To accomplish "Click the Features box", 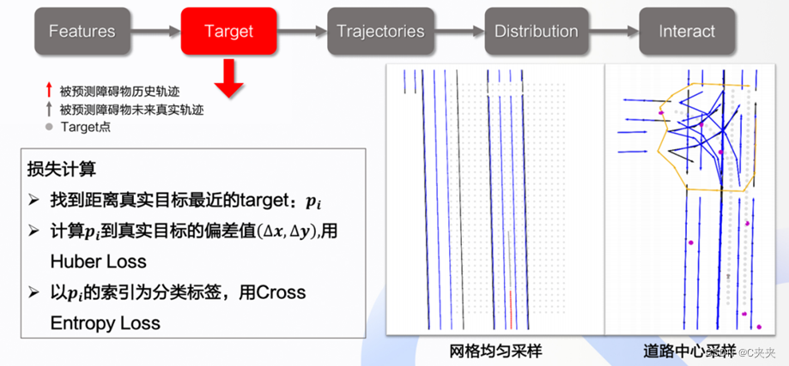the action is pos(82,32).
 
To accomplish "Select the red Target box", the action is pos(228,32).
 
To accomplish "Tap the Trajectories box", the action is pos(380,32).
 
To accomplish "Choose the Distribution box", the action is pos(536,32).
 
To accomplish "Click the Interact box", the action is pos(687,32).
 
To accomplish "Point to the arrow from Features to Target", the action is pos(155,32).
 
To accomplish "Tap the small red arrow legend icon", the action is pos(49,90).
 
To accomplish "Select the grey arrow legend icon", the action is pos(49,109).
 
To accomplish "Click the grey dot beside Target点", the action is pos(49,127).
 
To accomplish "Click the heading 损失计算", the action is pos(57,169).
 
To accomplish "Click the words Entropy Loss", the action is pos(106,323).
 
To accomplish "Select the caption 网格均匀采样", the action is pos(495,351).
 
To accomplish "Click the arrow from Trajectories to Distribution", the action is pos(460,32).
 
